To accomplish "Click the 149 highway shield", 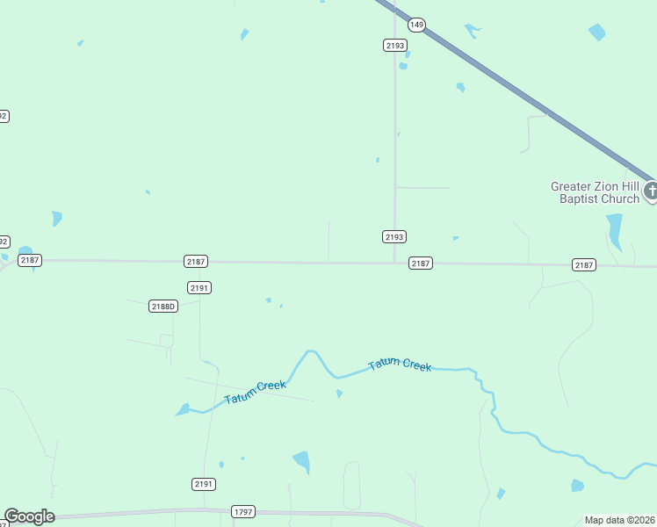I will pos(416,25).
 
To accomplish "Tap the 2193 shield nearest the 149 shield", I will pos(394,45).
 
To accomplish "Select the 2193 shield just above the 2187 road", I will pos(394,237).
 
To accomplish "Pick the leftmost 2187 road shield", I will pos(30,260).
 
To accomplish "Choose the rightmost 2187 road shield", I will pos(584,264).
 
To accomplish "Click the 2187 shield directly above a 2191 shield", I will pos(196,262).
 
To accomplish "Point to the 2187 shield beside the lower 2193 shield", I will pos(421,263).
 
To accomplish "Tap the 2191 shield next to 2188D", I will pos(199,287).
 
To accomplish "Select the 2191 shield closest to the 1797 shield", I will pos(204,484).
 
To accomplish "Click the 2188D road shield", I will pos(163,306).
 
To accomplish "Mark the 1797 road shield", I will pos(243,511).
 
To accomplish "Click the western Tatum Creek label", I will pos(255,392).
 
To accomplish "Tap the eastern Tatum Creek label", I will pos(400,365).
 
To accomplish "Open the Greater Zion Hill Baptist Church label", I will pos(595,192).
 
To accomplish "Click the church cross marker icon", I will pos(651,191).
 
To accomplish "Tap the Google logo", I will pos(29,516).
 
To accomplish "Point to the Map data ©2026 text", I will pos(619,520).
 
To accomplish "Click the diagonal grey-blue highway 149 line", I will pos(527,97).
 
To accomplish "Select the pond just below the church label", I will pos(614,231).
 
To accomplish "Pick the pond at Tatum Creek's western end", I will pos(183,409).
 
